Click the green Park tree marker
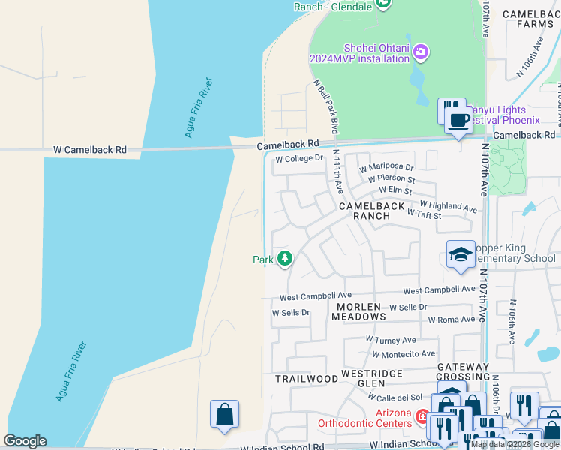(284, 259)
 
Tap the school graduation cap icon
(460, 255)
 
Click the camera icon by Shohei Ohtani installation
(421, 51)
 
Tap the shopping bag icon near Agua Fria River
(224, 413)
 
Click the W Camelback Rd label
(90, 150)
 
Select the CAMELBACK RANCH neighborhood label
(372, 211)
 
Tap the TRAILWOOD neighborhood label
(306, 379)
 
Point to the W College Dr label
(298, 159)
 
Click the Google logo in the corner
(25, 441)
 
